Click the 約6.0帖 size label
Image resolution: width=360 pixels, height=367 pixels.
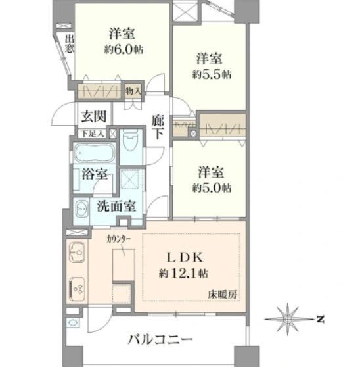[x=124, y=49]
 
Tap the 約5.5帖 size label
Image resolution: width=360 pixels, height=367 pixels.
[x=212, y=74]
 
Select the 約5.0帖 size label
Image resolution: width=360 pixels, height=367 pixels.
[x=212, y=187]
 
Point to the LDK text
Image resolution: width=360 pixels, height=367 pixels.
[x=185, y=257]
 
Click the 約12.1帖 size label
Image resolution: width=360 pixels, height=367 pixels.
[x=183, y=273]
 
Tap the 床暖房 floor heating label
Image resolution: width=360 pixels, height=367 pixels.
[x=223, y=295]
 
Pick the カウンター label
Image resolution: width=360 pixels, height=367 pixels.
[x=118, y=239]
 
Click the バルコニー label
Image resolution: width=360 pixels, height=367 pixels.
[x=160, y=339]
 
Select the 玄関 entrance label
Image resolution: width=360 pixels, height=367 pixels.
[x=93, y=116]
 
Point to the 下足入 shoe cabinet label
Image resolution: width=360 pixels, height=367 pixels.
[x=93, y=134]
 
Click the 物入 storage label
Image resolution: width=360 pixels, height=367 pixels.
[x=133, y=91]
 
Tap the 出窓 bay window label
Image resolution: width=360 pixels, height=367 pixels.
[x=70, y=44]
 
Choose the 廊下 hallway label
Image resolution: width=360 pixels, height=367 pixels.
[x=158, y=127]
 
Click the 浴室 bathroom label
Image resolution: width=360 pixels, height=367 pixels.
[x=95, y=174]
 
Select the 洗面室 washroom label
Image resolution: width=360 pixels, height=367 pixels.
[x=116, y=207]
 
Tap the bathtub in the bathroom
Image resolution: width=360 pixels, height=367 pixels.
[x=94, y=152]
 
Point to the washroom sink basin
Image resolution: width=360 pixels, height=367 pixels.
[x=82, y=208]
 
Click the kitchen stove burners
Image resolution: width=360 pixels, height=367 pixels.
[x=78, y=289]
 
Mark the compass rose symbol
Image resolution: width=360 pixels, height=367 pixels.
[x=288, y=319]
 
